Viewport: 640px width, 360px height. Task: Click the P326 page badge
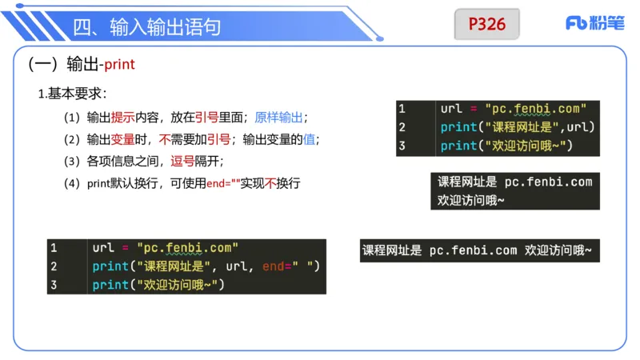486,24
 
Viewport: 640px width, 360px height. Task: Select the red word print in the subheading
120,65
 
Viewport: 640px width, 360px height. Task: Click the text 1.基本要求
72,94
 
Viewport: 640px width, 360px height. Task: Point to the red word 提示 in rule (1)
122,118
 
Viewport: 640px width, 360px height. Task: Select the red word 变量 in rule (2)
122,139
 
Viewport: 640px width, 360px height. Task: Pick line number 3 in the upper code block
402,146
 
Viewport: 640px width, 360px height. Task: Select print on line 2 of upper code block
458,127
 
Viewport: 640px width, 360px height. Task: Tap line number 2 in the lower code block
54,266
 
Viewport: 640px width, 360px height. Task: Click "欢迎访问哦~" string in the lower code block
178,285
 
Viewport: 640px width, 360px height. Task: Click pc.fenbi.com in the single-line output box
473,250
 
